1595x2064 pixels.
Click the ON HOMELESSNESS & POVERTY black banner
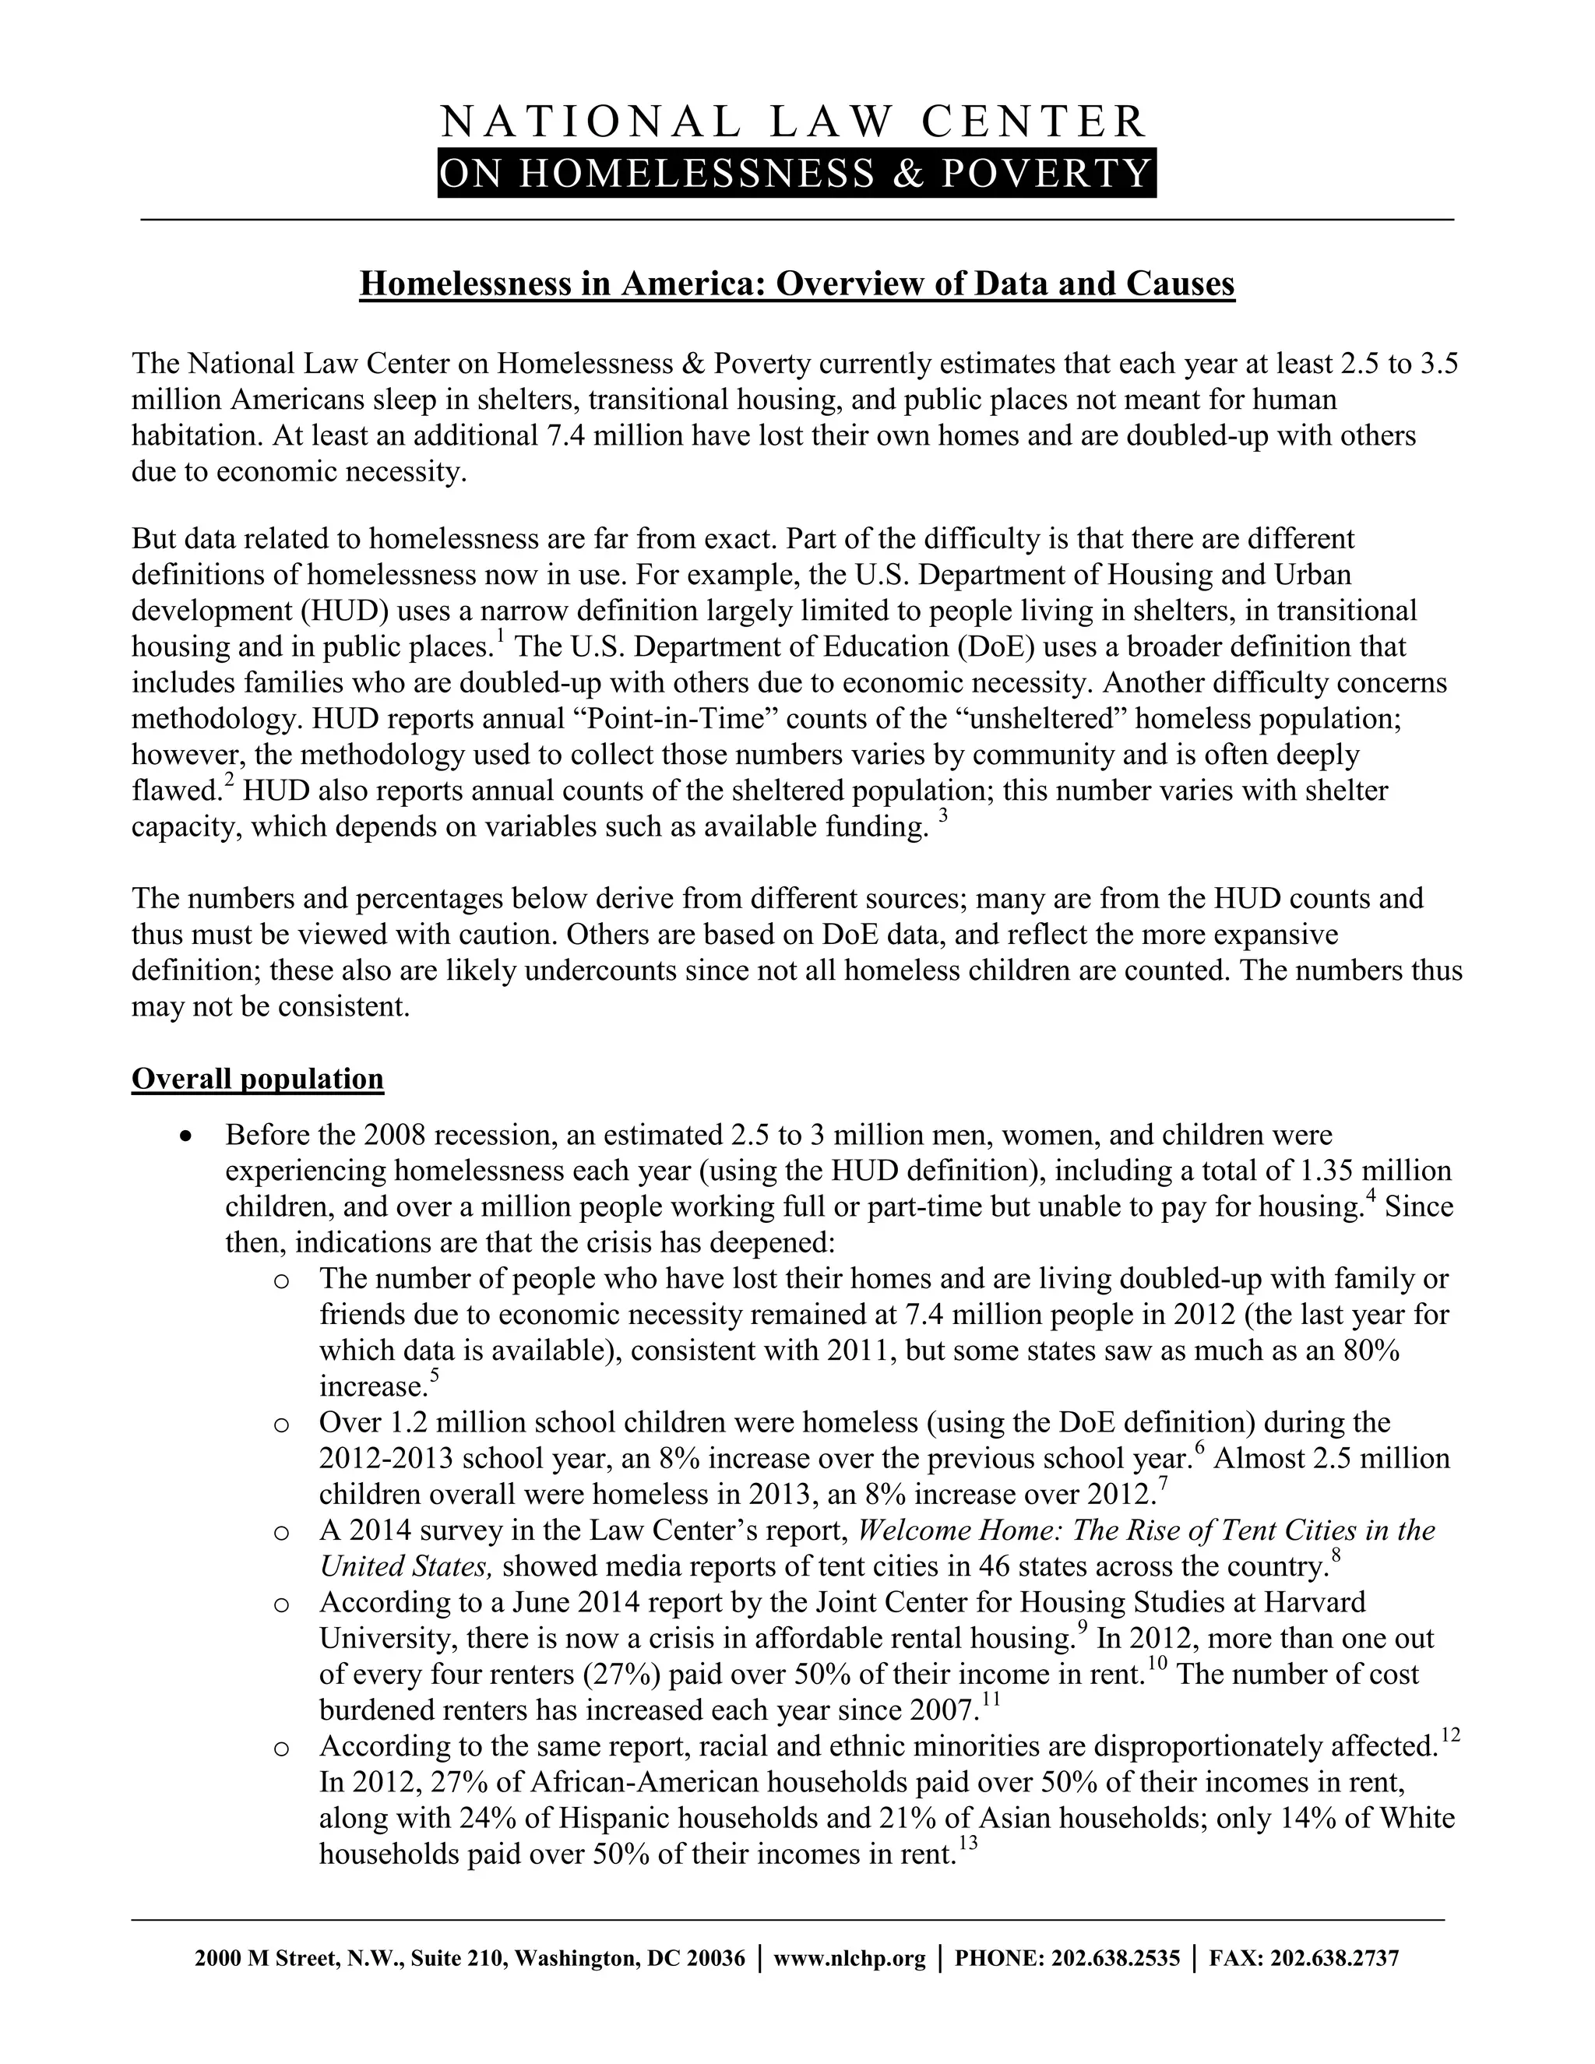point(797,174)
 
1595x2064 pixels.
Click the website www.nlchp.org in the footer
point(849,1959)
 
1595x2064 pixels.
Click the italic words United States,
point(405,1567)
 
